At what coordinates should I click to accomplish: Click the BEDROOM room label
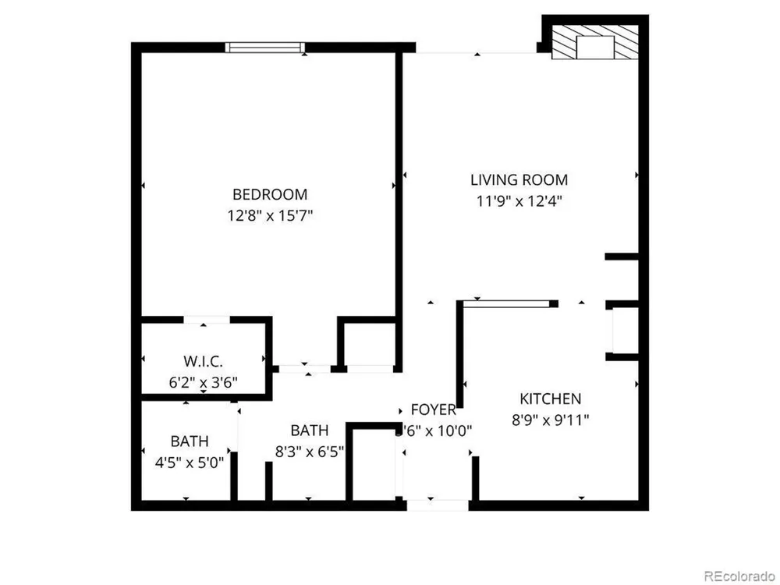[x=269, y=194]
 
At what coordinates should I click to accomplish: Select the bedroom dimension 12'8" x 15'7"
[x=269, y=215]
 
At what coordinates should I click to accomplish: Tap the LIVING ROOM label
[x=519, y=179]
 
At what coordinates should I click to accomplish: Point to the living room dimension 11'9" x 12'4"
[x=519, y=200]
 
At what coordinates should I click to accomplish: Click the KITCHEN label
[x=549, y=399]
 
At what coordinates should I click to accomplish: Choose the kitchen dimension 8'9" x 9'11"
[x=549, y=420]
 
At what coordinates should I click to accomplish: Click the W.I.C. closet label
[x=203, y=361]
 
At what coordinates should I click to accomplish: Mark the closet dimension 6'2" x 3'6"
[x=203, y=382]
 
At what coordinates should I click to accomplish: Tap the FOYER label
[x=433, y=409]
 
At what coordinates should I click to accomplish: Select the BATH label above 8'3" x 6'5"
[x=309, y=430]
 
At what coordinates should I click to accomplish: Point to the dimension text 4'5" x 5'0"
[x=190, y=461]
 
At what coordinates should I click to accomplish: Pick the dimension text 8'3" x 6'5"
[x=309, y=451]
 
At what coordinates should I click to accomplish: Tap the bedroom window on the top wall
[x=264, y=48]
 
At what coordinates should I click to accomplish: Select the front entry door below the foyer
[x=438, y=505]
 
